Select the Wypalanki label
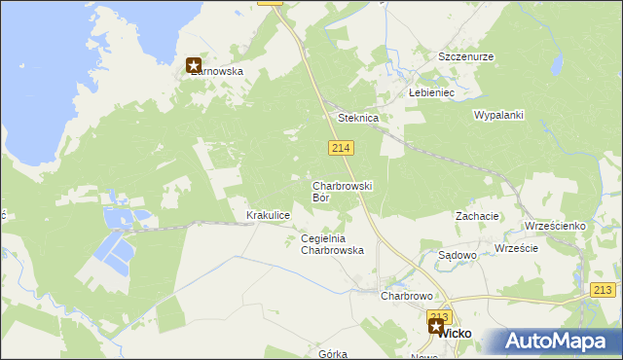coord(498,115)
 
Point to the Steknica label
coord(357,118)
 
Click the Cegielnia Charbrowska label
coord(332,244)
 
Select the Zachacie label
coord(477,216)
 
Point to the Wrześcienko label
coord(554,226)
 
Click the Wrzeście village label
coord(516,248)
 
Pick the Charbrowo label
coord(406,296)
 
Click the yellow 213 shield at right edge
coord(604,290)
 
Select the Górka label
coord(332,354)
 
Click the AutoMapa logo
coord(553,342)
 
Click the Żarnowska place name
coord(218,71)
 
